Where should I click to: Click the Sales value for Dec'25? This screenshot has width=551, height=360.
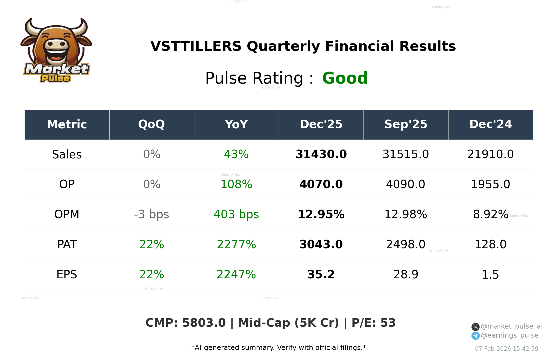[x=321, y=154]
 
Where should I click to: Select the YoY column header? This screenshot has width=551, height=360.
[x=236, y=125]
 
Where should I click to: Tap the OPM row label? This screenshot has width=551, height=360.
[x=67, y=214]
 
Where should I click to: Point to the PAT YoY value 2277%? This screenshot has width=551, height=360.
[x=236, y=244]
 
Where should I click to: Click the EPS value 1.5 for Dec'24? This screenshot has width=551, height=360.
[x=490, y=275]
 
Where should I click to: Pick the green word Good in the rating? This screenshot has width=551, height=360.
[x=345, y=78]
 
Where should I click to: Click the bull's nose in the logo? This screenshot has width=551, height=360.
[x=57, y=44]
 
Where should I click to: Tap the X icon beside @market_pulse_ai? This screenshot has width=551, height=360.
[x=475, y=327]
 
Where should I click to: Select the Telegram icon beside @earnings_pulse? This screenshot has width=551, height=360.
[x=475, y=336]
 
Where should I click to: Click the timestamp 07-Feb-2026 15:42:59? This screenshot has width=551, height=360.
[x=506, y=349]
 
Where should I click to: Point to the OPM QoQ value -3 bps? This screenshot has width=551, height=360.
[x=151, y=214]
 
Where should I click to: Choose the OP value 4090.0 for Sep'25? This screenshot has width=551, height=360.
[x=406, y=184]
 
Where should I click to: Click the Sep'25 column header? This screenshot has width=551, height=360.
[x=406, y=125]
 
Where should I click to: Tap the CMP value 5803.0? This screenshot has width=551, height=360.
[x=204, y=323]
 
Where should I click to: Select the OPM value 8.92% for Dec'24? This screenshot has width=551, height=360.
[x=490, y=214]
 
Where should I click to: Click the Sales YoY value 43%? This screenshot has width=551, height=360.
[x=236, y=154]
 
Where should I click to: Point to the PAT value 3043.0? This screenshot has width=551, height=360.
[x=321, y=244]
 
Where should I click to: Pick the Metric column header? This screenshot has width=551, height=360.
[x=67, y=125]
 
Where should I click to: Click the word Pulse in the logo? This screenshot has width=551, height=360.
[x=55, y=78]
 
